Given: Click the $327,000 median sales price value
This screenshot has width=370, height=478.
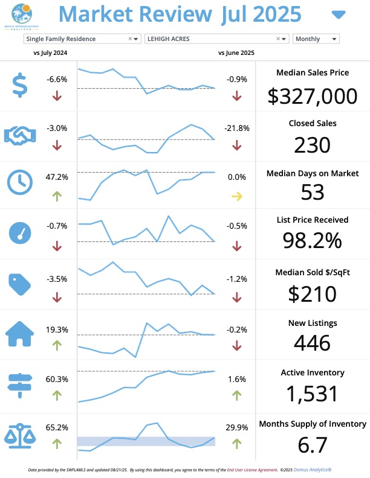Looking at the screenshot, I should click(312, 97).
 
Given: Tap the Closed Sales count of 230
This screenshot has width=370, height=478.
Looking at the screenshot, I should click(312, 145).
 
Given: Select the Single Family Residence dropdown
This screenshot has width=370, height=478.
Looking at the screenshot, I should click(82, 39).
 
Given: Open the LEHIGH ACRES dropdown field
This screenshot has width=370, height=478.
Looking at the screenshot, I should click(216, 39).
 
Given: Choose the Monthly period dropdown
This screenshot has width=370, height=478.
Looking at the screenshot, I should click(316, 39).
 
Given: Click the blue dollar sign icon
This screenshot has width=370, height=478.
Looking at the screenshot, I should click(20, 85).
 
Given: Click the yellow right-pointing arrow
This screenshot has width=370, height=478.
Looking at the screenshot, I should click(236, 196).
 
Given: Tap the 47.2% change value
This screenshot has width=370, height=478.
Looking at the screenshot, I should click(57, 177).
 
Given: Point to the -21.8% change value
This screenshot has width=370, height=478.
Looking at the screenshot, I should click(236, 129).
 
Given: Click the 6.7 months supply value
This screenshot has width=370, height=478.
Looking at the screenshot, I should click(312, 445).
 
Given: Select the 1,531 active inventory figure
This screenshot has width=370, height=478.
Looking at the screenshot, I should click(312, 394).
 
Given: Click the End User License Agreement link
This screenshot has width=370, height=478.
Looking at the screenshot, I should click(252, 469).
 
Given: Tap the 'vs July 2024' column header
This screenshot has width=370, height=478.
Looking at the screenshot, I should click(50, 53).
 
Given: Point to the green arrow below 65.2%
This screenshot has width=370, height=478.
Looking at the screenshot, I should click(57, 444).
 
